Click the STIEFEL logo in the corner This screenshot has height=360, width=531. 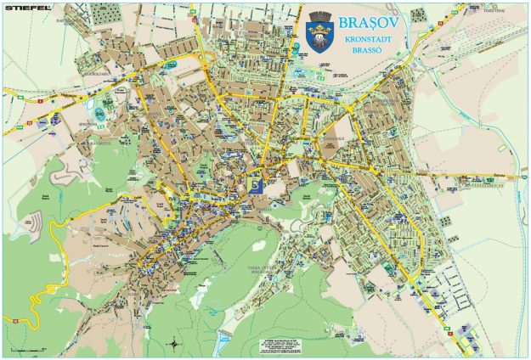[25, 9]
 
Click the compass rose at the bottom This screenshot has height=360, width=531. [174, 343]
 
